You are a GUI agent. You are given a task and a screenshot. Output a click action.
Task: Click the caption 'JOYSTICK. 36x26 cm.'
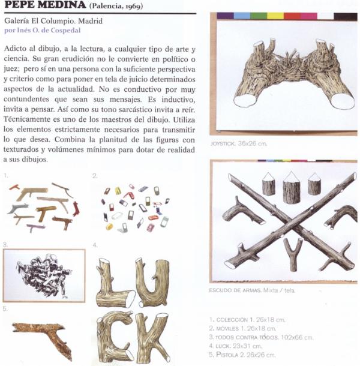click(238, 145)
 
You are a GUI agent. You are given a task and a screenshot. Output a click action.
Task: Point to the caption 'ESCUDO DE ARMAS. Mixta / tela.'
click(253, 290)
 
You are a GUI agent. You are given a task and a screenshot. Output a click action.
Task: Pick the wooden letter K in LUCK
click(152, 336)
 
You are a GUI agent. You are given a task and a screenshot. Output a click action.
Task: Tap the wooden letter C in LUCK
click(113, 336)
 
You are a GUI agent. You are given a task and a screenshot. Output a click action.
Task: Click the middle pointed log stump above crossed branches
click(291, 186)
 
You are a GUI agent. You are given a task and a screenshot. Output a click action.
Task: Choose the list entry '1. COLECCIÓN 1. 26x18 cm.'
click(245, 320)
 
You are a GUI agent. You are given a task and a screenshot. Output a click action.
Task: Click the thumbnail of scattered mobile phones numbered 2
click(133, 207)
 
